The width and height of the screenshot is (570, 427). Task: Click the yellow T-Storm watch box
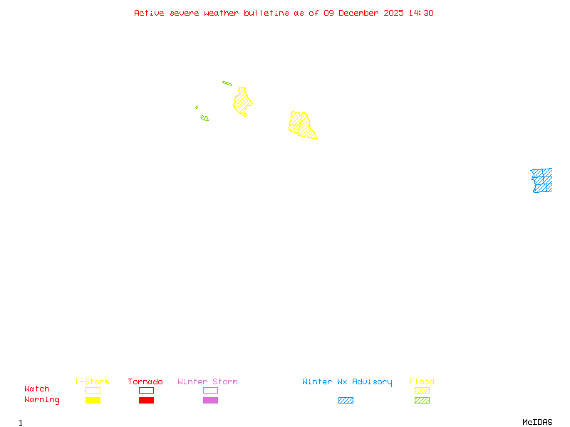coord(93,390)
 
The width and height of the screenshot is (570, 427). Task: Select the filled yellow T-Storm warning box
coord(93,401)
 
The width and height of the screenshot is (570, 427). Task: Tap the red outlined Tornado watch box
coord(146,390)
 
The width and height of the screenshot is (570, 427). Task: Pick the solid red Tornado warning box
coord(146,401)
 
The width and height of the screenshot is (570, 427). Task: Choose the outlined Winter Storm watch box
coord(210,390)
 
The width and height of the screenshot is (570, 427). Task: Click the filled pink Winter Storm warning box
coord(210,401)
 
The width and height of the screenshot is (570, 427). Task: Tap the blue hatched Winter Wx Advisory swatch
coord(346,401)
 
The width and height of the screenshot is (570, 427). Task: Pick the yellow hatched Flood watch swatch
coord(422,390)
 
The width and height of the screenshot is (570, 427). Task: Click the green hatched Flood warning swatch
coord(422,401)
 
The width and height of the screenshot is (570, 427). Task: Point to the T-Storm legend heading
coord(92,382)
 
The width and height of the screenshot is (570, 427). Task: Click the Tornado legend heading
coord(145,382)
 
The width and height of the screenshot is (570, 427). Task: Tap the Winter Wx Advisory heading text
coord(347,382)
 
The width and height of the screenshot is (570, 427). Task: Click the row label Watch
coord(37,389)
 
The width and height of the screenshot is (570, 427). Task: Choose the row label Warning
coord(42,400)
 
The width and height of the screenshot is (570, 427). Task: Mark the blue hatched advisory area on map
coord(541,180)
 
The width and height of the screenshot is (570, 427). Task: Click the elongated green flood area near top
coord(227,83)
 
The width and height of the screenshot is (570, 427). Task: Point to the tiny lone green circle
coord(197,107)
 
